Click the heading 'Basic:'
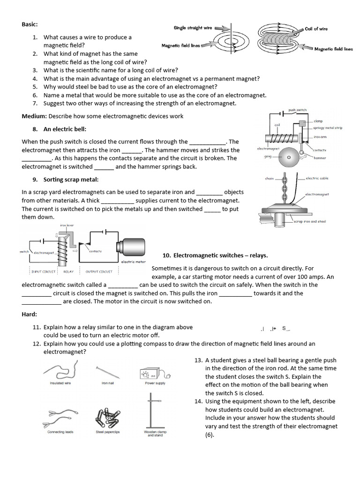[x=30, y=24]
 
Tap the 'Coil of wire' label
[x=316, y=29]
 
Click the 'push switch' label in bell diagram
[x=297, y=110]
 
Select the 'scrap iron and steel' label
[x=309, y=221]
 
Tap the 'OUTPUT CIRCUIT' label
[x=99, y=271]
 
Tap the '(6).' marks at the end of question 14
[x=210, y=435]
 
